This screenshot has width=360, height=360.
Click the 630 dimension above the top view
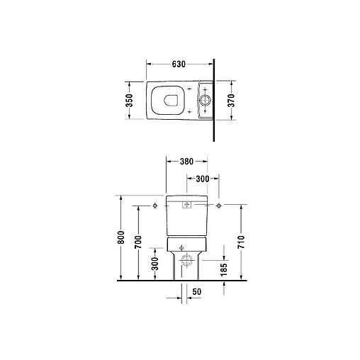click(x=179, y=64)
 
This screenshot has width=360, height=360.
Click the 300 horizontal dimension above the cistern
click(x=202, y=180)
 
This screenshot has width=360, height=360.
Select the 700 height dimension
click(x=138, y=243)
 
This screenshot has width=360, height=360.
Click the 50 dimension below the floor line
click(x=196, y=291)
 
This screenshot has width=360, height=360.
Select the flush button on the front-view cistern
click(x=188, y=206)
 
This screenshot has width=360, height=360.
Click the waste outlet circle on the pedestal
click(x=188, y=260)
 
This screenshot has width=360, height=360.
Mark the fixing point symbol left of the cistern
click(x=154, y=206)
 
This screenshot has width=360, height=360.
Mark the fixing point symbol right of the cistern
click(x=220, y=206)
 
